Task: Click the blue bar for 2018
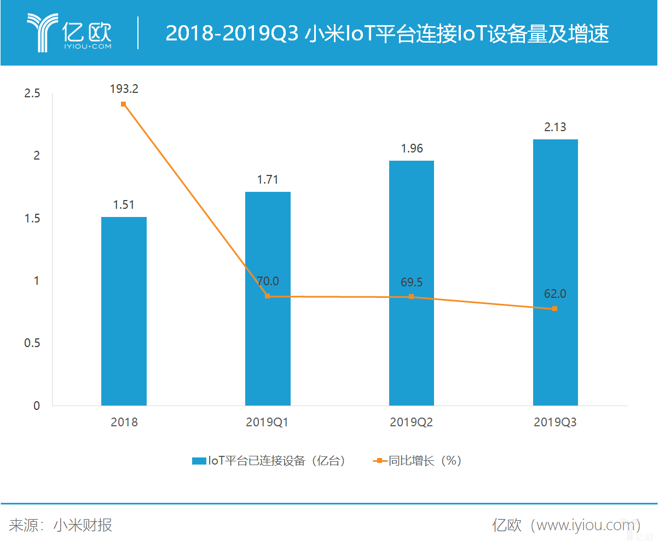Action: [124, 311]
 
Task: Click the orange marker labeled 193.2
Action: [124, 104]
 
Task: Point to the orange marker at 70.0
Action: [268, 296]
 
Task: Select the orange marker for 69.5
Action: [412, 297]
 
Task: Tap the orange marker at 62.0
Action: [555, 309]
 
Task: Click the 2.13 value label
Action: [555, 127]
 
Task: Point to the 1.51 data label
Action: [124, 205]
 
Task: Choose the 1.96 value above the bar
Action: [412, 149]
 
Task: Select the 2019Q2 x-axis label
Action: [412, 422]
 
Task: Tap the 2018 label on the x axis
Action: [124, 422]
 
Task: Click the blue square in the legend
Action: [199, 461]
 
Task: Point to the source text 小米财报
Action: [83, 526]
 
